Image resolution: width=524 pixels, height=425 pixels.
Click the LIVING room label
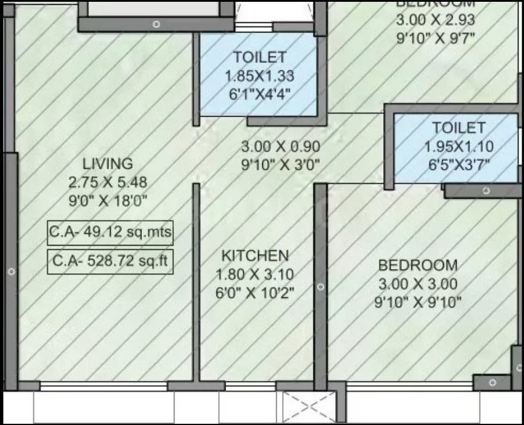tap(108, 163)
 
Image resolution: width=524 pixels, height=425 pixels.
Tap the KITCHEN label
tap(255, 255)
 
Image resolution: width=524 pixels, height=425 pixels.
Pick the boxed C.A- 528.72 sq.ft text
tap(110, 262)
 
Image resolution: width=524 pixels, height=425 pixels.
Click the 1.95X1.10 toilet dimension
tap(458, 146)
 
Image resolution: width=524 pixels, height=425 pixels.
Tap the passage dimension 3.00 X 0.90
tap(280, 146)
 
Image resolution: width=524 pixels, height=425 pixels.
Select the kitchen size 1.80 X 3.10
tap(255, 275)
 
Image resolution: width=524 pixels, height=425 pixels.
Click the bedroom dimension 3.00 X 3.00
tap(418, 284)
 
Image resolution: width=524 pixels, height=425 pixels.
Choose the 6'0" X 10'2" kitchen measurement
tap(255, 293)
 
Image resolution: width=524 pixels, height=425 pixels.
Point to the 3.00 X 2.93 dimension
tap(436, 20)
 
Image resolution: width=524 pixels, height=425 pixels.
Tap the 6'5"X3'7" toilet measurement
tap(458, 164)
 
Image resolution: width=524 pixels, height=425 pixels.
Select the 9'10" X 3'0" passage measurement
tap(280, 164)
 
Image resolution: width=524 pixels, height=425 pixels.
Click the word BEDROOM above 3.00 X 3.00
tap(418, 265)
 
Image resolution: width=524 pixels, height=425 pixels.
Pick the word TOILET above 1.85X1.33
tap(259, 58)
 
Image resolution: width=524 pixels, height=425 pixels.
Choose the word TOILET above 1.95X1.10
tap(458, 128)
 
